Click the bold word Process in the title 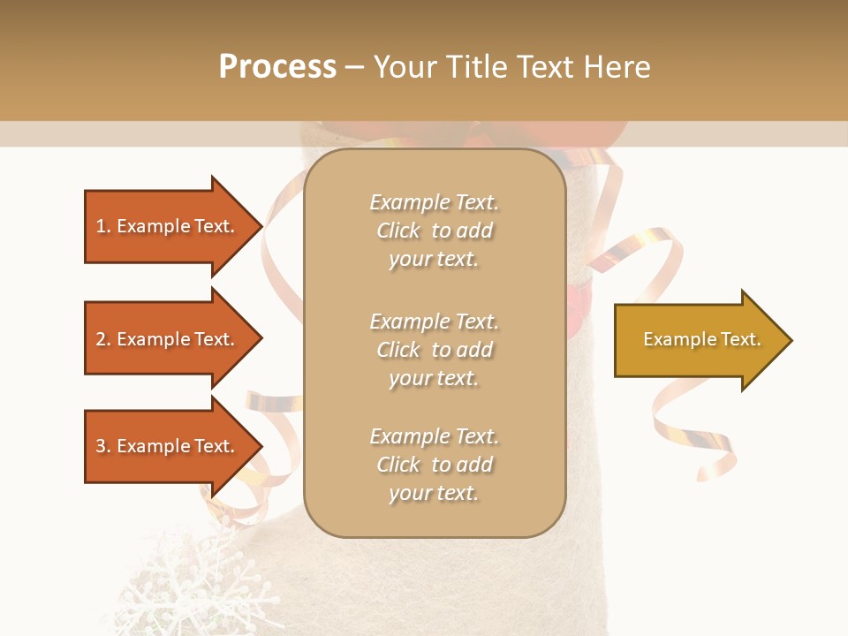(277, 67)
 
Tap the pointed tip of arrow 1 (261, 226)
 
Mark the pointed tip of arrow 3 (261, 446)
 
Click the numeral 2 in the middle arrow (101, 339)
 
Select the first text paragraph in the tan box (434, 231)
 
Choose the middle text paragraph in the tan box (434, 350)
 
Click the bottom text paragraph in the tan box (434, 465)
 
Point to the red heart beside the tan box (579, 300)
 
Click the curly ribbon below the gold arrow (698, 433)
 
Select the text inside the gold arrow (701, 339)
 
